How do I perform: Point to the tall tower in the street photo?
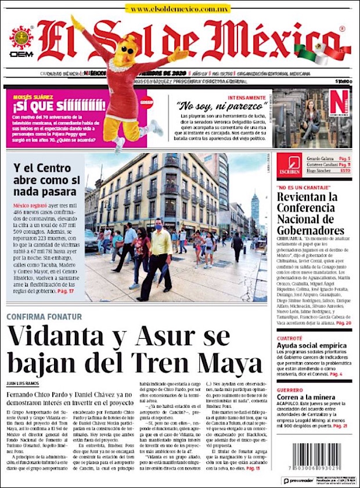click(x=255, y=209)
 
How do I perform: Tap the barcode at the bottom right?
click(x=317, y=460)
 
